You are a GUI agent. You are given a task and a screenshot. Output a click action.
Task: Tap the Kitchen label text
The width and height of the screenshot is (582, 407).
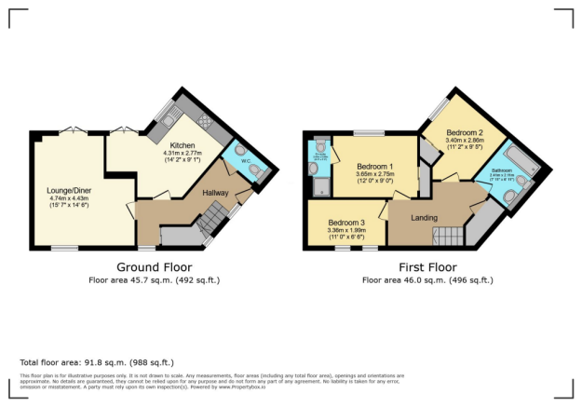click(182, 144)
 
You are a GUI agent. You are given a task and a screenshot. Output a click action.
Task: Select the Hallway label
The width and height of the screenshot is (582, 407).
click(216, 193)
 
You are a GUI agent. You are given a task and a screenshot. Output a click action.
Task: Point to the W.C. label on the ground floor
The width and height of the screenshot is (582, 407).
click(246, 159)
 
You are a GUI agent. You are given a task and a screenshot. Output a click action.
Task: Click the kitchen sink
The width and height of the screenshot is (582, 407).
click(168, 118)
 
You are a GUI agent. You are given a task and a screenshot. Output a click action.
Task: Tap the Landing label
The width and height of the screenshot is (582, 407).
click(426, 219)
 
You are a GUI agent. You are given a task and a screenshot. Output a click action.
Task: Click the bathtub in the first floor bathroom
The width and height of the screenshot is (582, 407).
click(515, 164)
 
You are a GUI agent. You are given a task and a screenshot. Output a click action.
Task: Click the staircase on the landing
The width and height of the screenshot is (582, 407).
click(446, 236)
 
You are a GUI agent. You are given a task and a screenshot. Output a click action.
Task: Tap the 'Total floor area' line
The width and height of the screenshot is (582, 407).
click(96, 361)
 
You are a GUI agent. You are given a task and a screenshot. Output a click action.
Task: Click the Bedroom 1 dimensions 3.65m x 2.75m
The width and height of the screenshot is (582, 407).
click(369, 172)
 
